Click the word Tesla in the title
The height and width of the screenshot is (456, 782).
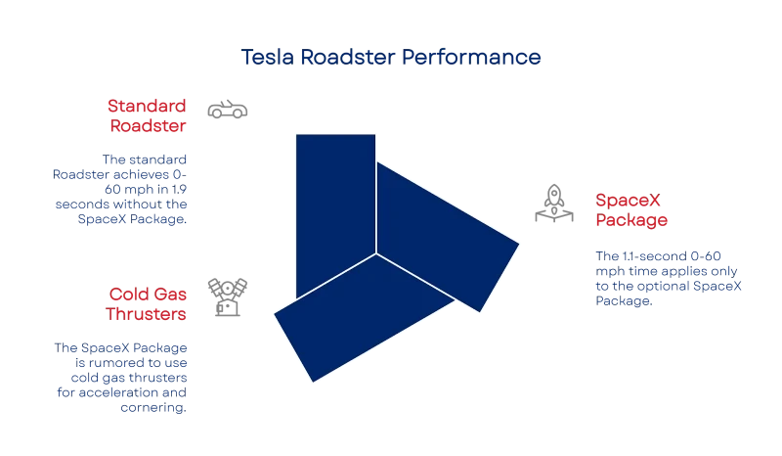coord(262,59)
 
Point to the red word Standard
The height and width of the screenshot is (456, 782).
coord(146,105)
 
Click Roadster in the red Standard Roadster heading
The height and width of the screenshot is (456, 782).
coord(148,125)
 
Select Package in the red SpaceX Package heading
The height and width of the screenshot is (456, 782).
coord(631,220)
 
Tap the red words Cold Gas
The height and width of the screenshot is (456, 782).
coord(148,293)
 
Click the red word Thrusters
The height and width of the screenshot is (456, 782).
coord(146,314)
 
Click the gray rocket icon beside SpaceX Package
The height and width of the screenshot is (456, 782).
coord(554,205)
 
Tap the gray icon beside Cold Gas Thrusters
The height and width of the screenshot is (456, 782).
coord(226,296)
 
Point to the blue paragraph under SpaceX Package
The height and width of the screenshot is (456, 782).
coord(668,279)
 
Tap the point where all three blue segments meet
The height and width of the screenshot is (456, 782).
coord(376,253)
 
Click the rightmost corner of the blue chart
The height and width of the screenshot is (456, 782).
coord(520,242)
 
